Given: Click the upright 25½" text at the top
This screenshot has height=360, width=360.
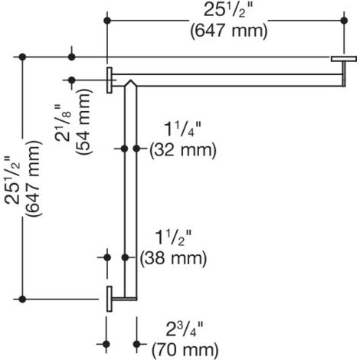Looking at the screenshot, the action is click(x=228, y=11).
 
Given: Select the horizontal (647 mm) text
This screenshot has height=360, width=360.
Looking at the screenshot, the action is click(x=229, y=31).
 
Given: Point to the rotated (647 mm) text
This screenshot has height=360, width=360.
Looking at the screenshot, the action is click(x=33, y=178).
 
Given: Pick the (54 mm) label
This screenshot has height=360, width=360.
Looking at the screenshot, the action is click(x=83, y=122).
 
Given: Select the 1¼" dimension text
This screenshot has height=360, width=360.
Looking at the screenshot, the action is click(x=183, y=129).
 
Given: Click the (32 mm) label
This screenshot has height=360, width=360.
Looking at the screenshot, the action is click(x=183, y=150).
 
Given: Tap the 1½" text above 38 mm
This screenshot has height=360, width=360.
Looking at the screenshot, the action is click(x=173, y=237).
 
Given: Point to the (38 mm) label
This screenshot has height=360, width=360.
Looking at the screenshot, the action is click(x=173, y=258).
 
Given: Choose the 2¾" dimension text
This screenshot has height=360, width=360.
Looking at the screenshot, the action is click(x=185, y=329).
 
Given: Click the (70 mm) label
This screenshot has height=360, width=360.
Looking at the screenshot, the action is click(x=185, y=350).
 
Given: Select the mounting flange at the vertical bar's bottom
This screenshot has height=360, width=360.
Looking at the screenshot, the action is click(x=110, y=299).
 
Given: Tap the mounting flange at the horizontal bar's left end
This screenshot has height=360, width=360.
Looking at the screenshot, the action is click(x=110, y=80).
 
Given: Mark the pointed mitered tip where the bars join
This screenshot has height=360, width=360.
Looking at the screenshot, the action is click(x=130, y=80).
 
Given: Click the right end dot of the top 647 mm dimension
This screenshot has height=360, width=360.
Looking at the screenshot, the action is click(x=344, y=21).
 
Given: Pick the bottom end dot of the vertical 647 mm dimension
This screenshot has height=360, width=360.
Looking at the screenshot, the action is click(x=22, y=299).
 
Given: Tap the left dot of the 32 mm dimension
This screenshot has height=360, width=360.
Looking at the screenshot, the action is click(x=124, y=149).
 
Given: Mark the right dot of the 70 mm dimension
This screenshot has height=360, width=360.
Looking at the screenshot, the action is click(x=137, y=344).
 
